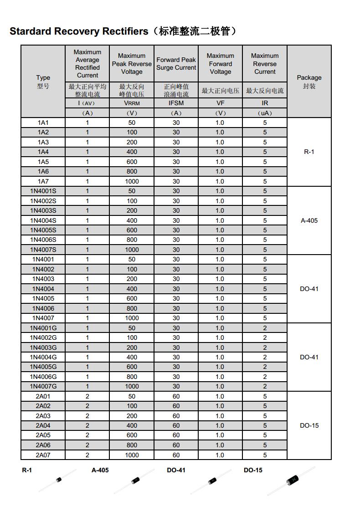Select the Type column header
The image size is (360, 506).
[x=43, y=77]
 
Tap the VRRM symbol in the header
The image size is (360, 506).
[x=132, y=103]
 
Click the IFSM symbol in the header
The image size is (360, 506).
[x=176, y=103]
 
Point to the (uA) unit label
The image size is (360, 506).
[x=265, y=113]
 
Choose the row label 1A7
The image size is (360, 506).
[x=43, y=181]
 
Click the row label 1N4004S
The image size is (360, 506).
[x=43, y=220]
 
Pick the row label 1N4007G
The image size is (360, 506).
[x=43, y=386]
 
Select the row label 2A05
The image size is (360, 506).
[x=43, y=435]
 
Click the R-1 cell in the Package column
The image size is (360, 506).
[x=309, y=152]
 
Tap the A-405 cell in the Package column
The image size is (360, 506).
[x=309, y=220]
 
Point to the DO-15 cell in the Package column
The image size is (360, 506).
[x=309, y=425]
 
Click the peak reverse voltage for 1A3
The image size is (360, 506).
[x=132, y=142]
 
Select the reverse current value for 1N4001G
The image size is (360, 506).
[x=265, y=328]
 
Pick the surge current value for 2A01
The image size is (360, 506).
[x=176, y=396]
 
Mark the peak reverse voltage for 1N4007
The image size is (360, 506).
[x=132, y=318]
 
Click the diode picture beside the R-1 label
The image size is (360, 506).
[x=58, y=480]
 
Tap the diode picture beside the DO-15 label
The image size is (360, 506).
[x=291, y=480]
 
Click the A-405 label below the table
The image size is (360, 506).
[x=100, y=470]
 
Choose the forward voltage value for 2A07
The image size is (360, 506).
[x=220, y=455]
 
